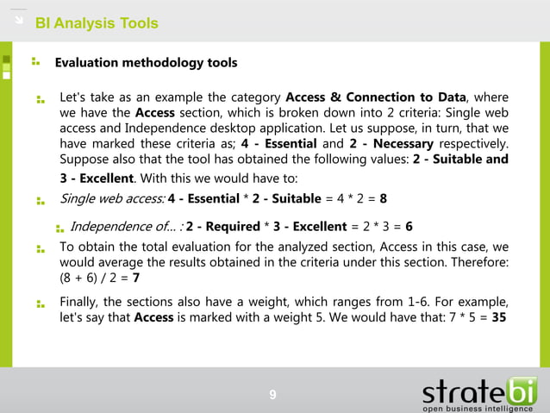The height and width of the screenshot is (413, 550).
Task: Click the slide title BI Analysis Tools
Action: tap(103, 23)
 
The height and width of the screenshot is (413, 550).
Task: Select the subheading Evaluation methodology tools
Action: tap(146, 63)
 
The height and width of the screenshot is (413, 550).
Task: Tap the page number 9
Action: tap(272, 395)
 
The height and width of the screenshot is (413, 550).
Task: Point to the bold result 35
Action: tap(497, 317)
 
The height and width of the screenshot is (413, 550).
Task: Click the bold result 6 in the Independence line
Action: tap(409, 227)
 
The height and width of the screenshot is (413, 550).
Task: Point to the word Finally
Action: tap(83, 302)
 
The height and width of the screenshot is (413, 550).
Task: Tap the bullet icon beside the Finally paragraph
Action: tap(41, 303)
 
